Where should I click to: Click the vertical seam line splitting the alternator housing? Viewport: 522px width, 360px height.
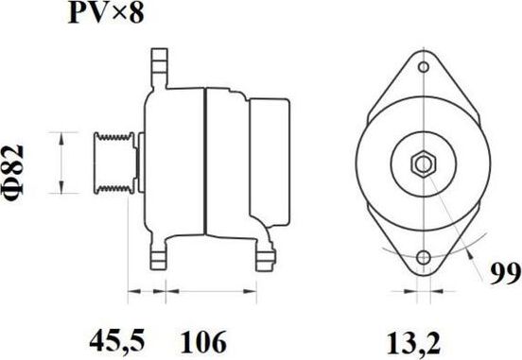click(x=205, y=161)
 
